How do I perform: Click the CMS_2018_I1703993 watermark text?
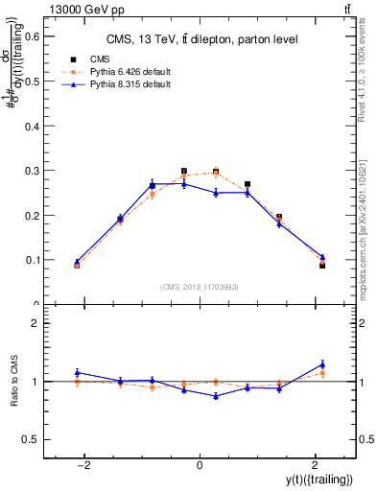click(x=200, y=287)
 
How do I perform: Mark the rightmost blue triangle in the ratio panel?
click(x=322, y=364)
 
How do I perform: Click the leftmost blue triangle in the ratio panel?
click(x=77, y=372)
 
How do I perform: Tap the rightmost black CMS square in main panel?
click(x=322, y=265)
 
